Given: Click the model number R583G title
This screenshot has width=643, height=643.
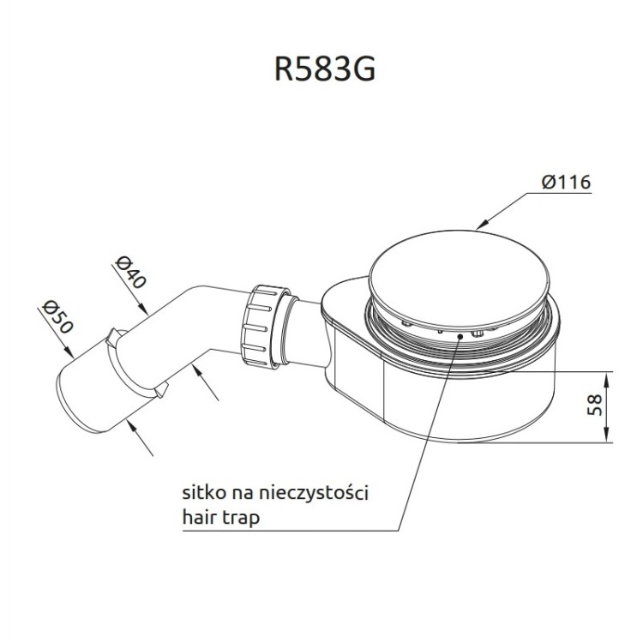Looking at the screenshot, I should click(324, 69).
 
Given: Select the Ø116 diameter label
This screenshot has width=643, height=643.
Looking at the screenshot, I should click(567, 182).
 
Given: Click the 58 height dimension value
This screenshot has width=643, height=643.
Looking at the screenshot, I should click(593, 406).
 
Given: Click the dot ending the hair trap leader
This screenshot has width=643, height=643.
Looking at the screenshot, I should click(462, 337).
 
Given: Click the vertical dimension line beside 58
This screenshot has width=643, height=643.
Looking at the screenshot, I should click(609, 407).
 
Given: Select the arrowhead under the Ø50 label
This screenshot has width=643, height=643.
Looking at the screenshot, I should click(69, 353).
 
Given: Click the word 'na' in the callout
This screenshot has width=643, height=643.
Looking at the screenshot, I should click(243, 496).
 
